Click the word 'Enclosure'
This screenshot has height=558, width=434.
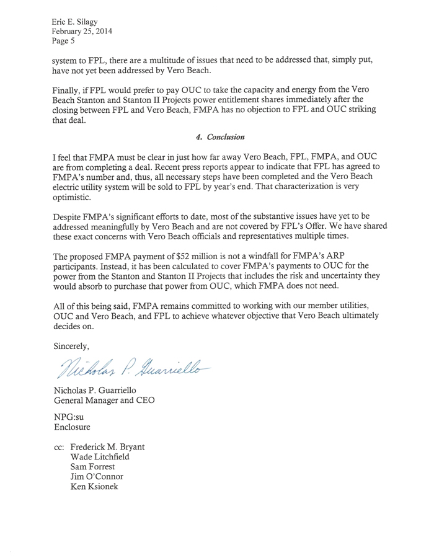coord(73,427)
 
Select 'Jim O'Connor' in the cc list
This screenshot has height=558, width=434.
coord(97,476)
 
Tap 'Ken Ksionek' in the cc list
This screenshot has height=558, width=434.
coord(95,487)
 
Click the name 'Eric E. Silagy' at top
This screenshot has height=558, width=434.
coord(80,22)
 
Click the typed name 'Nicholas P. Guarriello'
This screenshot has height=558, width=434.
coord(104,389)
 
